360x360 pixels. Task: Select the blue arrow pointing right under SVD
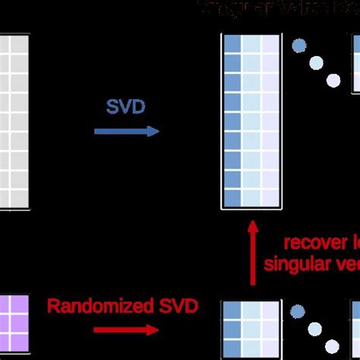point(126,131)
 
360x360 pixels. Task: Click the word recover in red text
point(308,244)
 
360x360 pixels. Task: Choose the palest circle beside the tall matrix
point(333,80)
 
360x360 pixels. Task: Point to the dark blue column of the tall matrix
point(232,122)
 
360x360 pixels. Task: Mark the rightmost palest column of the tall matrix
point(270,122)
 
